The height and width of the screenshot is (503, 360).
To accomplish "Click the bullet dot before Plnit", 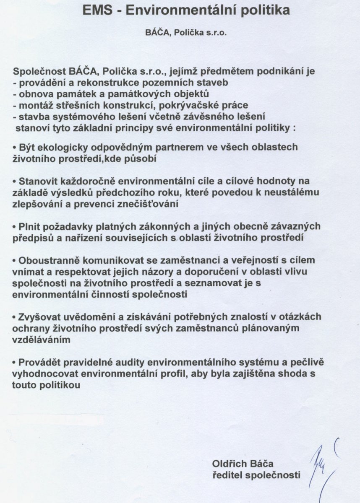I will pyautogui.click(x=14, y=227).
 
